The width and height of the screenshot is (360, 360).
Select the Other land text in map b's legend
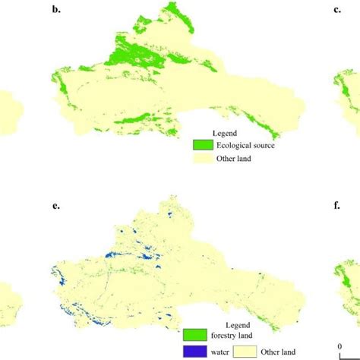click(x=237, y=160)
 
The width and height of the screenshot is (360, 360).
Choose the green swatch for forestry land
click(x=193, y=336)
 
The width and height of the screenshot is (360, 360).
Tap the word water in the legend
click(x=220, y=352)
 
